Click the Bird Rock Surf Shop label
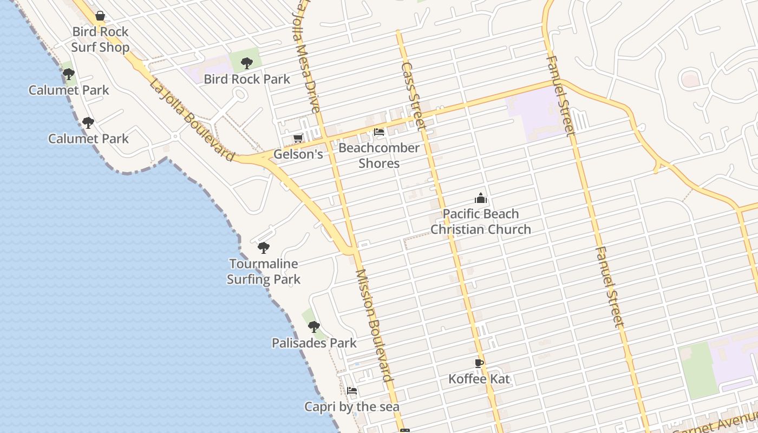(100, 40)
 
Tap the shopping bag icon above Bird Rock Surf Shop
(100, 16)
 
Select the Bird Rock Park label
(247, 79)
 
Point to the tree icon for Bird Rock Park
(247, 63)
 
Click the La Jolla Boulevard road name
(192, 120)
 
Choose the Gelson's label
(298, 154)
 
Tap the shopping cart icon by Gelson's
(298, 139)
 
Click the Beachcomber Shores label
(379, 155)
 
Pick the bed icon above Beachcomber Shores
(379, 132)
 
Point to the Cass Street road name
(413, 96)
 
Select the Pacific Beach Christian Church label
(481, 221)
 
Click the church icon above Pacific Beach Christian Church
(481, 198)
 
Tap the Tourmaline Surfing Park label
(264, 272)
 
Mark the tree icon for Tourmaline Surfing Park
(264, 248)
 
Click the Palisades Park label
(314, 343)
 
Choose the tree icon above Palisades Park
(314, 327)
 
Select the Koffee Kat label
(479, 379)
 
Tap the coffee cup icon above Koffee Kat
(479, 363)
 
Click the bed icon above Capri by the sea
(352, 391)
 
